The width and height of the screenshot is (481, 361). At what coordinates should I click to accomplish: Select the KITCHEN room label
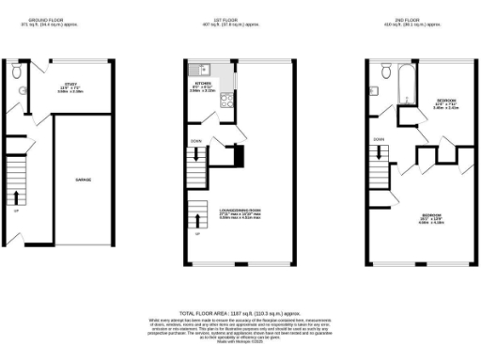pos(204,84)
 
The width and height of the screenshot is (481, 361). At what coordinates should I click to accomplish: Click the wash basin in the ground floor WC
pos(22,90)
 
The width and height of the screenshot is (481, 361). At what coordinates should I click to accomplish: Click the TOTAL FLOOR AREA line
pos(240,312)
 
